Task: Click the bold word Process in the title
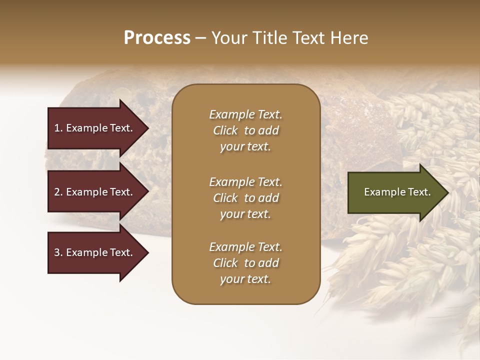point(157,38)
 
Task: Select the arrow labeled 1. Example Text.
point(95,128)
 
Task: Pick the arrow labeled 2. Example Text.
point(95,192)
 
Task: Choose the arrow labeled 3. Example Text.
point(95,252)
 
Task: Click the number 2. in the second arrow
point(58,192)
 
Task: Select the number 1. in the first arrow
point(58,128)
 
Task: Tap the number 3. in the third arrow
point(58,252)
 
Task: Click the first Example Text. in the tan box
point(245,114)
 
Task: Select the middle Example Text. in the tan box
point(245,182)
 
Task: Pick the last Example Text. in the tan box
point(245,247)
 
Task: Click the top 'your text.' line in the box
point(245,146)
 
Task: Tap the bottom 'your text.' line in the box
point(245,279)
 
